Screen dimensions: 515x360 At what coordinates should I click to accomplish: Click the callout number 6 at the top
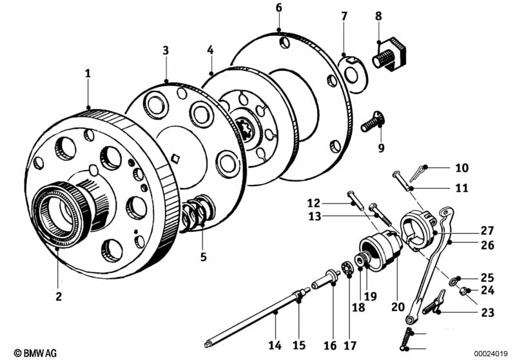pyautogui.click(x=278, y=8)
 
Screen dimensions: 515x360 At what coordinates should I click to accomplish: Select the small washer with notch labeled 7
pyautogui.click(x=351, y=75)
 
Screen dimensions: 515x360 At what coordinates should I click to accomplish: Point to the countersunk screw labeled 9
pyautogui.click(x=373, y=122)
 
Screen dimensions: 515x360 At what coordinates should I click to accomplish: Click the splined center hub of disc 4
pyautogui.click(x=245, y=130)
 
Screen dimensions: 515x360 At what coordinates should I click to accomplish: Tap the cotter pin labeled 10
pyautogui.click(x=416, y=174)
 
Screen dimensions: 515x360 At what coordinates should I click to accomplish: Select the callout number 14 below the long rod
pyautogui.click(x=275, y=345)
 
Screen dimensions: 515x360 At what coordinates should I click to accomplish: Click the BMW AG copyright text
pyautogui.click(x=35, y=353)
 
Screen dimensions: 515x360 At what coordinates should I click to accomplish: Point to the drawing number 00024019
pyautogui.click(x=491, y=354)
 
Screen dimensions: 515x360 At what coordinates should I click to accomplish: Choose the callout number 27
pyautogui.click(x=487, y=231)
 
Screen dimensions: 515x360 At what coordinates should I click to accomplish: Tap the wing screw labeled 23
pyautogui.click(x=433, y=302)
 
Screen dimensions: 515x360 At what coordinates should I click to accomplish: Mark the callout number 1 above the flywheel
pyautogui.click(x=88, y=73)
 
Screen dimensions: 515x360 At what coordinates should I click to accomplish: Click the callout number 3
pyautogui.click(x=166, y=50)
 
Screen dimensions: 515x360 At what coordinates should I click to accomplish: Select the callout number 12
pyautogui.click(x=314, y=203)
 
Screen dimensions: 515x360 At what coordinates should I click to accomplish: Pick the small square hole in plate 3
pyautogui.click(x=176, y=158)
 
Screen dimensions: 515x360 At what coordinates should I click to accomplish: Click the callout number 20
pyautogui.click(x=398, y=307)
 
